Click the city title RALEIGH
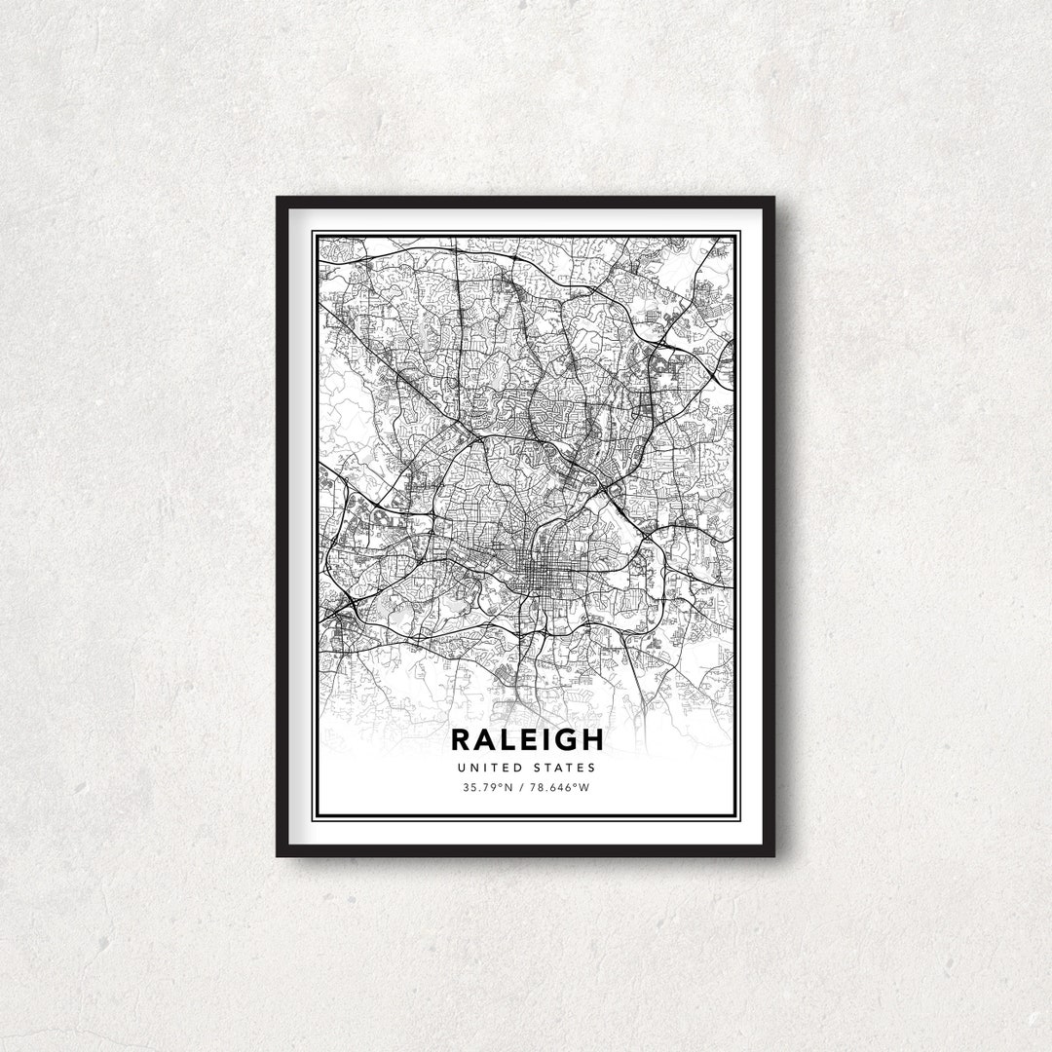click(x=526, y=739)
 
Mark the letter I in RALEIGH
click(x=547, y=739)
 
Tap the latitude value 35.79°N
click(x=487, y=787)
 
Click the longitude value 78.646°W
click(x=558, y=787)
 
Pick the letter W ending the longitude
click(x=584, y=787)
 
